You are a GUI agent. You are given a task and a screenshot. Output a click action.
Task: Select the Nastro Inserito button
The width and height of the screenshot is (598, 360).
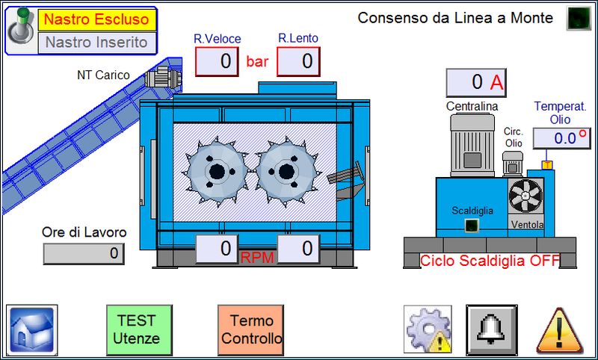(x=96, y=43)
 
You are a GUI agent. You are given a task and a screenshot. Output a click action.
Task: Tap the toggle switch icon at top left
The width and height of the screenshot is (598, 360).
(x=20, y=30)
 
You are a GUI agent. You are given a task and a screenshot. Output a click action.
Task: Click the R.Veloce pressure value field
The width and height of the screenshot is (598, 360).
(x=217, y=61)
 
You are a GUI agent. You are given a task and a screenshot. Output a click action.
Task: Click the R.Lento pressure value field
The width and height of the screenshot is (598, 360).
(x=298, y=61)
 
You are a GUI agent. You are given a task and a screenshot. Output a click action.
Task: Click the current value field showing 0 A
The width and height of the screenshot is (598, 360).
(x=475, y=82)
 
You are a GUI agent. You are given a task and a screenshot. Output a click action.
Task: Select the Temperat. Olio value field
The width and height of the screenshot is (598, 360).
(x=561, y=137)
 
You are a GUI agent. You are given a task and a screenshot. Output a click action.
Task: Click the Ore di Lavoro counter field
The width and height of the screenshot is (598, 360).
(x=84, y=254)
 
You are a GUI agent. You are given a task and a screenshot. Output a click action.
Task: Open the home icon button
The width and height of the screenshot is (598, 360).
(x=32, y=329)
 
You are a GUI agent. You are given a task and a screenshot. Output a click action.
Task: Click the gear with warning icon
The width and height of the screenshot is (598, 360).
(x=428, y=329)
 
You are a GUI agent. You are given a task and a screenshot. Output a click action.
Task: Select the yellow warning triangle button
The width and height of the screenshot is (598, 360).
(x=559, y=329)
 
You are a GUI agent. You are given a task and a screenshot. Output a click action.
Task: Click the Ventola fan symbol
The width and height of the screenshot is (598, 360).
(x=526, y=196)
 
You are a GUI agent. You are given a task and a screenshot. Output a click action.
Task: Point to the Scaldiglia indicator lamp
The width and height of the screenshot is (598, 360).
(x=472, y=226)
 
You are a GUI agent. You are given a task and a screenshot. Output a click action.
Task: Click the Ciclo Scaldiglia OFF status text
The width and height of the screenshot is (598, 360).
(x=490, y=261)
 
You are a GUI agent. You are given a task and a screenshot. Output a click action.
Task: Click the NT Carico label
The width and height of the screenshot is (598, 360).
(x=103, y=75)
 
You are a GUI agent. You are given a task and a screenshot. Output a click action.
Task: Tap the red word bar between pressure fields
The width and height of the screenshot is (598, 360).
(x=257, y=61)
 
